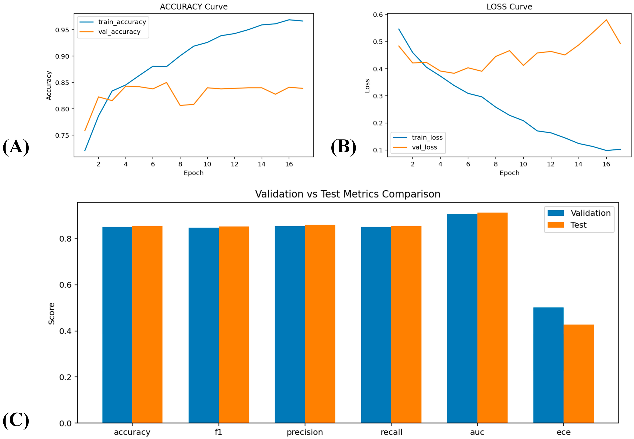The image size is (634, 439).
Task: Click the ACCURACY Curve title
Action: [x=194, y=7]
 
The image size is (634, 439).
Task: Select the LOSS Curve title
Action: [x=509, y=7]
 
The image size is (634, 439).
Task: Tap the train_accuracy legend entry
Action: [x=113, y=22]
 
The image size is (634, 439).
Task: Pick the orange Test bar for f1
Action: [x=234, y=325]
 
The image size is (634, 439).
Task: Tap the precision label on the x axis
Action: [x=305, y=432]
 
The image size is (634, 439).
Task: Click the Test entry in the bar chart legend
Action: [x=567, y=225]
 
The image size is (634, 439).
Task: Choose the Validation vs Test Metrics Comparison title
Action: [x=348, y=194]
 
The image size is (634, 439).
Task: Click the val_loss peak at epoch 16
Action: [x=606, y=20]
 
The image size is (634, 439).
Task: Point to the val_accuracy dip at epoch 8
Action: [x=180, y=105]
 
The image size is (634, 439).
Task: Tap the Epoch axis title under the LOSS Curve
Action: [x=509, y=173]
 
